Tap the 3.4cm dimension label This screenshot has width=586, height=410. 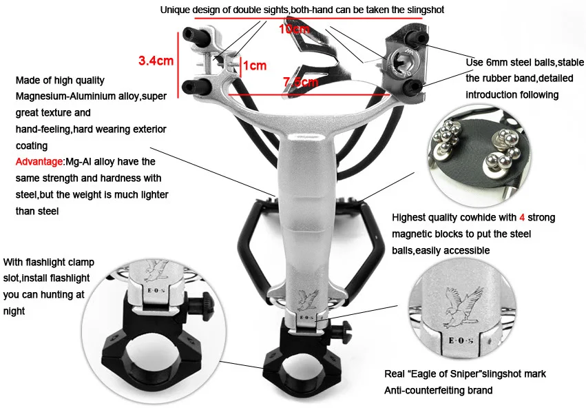pos(156,61)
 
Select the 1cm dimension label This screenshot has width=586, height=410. pos(255,65)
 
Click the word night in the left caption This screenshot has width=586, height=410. pos(14,311)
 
